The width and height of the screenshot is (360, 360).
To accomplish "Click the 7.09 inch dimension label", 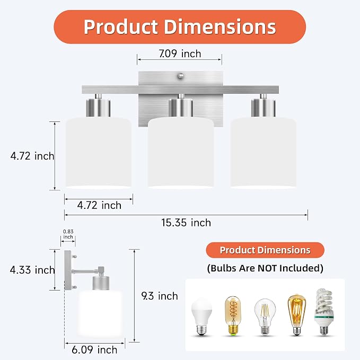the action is (180, 54).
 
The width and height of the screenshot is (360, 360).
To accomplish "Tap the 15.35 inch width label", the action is (186, 223).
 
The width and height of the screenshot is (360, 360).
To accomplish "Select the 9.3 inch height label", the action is (160, 296).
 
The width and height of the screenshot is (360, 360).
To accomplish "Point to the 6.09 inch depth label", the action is (94, 350).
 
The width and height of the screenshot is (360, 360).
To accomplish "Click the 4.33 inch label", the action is (32, 270).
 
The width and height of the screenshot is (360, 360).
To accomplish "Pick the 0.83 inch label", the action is (68, 234).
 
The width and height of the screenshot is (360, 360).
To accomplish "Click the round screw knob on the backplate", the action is (181, 76).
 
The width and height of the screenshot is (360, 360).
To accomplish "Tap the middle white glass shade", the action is (181, 153).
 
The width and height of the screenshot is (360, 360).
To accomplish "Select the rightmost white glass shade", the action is (263, 153).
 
